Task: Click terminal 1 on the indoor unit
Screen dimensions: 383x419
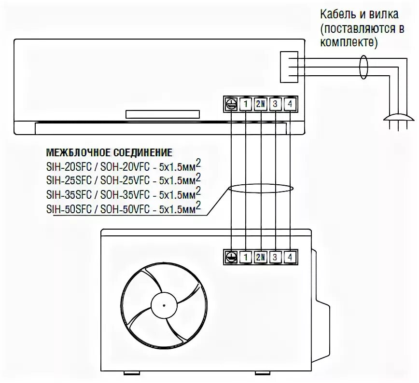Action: click(246, 103)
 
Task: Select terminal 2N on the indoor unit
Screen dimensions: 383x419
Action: click(261, 103)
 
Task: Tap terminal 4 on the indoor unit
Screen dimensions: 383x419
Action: click(290, 103)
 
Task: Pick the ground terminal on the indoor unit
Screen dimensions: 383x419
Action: click(231, 103)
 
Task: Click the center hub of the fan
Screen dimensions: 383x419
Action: click(164, 305)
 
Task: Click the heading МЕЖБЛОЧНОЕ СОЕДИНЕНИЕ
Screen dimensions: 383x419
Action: click(109, 153)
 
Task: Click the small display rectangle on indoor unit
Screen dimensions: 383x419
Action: click(162, 114)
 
